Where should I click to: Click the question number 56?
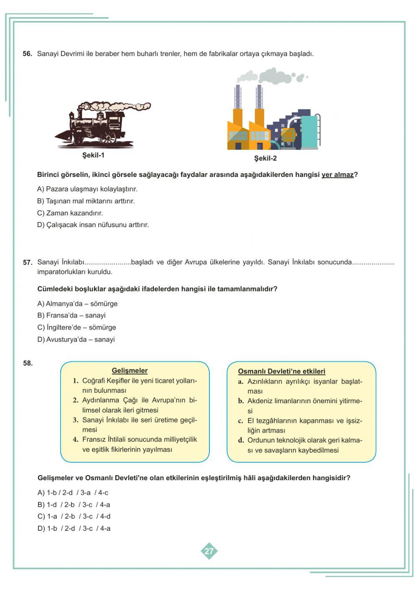[x=27, y=54]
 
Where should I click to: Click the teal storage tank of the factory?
[x=310, y=131]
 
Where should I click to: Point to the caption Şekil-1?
[x=93, y=156]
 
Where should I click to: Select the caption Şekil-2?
[x=265, y=159]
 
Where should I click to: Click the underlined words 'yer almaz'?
[x=337, y=175]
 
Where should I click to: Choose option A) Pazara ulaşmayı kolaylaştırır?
[x=87, y=189]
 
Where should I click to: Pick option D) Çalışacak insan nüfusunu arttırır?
[x=93, y=225]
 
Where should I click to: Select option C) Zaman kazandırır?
[x=70, y=213]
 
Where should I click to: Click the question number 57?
[x=28, y=263]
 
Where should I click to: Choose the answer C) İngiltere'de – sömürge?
[x=76, y=327]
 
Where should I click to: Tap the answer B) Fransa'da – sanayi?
[x=71, y=315]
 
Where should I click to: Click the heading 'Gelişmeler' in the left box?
[x=130, y=371]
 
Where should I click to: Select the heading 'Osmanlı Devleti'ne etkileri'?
[x=281, y=371]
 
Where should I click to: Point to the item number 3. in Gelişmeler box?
[x=76, y=420]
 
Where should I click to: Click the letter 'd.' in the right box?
[x=241, y=440]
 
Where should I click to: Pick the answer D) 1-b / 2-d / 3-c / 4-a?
[x=74, y=529]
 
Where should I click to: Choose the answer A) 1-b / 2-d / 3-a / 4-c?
[x=73, y=493]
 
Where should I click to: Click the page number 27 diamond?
[x=209, y=551]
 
